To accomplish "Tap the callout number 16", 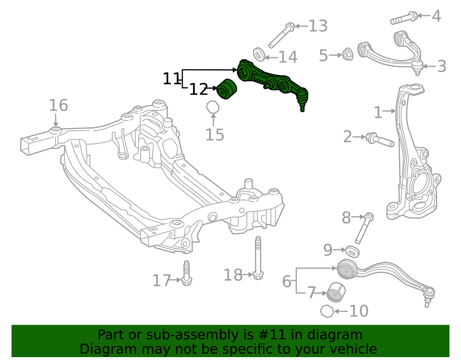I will (x=58, y=105).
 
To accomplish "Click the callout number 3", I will (x=441, y=66).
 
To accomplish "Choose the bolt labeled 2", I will (x=380, y=140).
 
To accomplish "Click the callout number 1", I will (x=378, y=113).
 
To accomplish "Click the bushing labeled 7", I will (x=336, y=291).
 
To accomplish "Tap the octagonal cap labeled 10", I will (x=327, y=311).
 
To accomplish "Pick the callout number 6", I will (x=286, y=281).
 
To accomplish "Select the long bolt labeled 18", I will (x=258, y=257).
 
